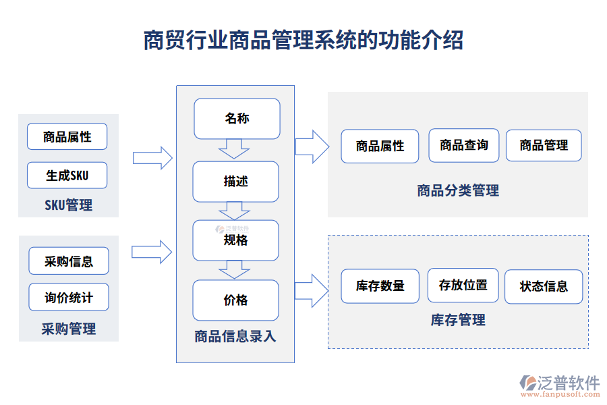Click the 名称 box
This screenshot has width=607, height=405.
tap(236, 119)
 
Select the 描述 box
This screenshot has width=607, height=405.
tap(235, 182)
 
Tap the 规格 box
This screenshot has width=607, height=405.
tap(235, 240)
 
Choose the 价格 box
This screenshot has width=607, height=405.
tap(235, 300)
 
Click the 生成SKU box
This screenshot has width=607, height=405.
tap(67, 175)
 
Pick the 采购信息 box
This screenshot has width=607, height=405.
tap(69, 261)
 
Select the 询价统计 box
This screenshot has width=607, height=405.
tap(69, 297)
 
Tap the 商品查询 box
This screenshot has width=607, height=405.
tap(463, 145)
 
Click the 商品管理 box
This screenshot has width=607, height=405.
tap(544, 145)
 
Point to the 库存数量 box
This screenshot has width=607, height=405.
tap(380, 286)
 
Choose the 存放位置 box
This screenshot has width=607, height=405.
tap(463, 286)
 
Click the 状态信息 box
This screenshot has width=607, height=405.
tap(544, 286)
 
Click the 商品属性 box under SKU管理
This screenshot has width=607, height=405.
tap(67, 136)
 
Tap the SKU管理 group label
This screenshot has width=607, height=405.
tap(68, 205)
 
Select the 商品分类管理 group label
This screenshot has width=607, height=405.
tap(458, 191)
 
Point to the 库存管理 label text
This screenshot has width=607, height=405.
tap(458, 321)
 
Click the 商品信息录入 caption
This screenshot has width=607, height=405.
tap(235, 336)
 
